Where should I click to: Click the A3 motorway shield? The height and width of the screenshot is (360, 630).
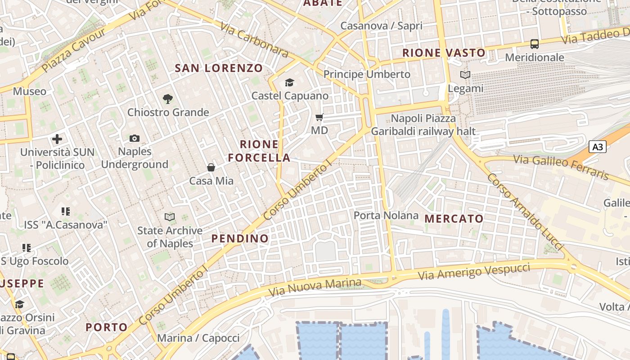point(598,147)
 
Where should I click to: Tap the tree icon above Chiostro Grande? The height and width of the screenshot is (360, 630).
point(168,99)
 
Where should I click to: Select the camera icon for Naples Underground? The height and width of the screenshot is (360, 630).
point(134,138)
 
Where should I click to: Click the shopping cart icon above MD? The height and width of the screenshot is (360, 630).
point(319,117)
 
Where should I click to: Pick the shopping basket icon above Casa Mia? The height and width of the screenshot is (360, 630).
point(211,168)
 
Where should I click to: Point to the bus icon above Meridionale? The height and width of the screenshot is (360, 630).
point(535,44)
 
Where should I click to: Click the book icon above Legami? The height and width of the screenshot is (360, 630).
point(465,75)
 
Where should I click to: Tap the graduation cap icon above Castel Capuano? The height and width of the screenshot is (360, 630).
point(289,82)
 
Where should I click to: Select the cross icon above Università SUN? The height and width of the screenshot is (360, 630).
point(57,139)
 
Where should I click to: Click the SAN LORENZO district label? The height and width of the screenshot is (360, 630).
point(219,68)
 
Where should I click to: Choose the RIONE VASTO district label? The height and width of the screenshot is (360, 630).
point(444,53)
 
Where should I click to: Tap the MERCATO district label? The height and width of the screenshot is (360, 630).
point(454,219)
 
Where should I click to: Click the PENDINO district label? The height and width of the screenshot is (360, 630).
point(240,238)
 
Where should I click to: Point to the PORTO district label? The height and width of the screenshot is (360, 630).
point(107,327)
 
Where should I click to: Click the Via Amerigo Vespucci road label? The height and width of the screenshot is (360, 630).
point(474,271)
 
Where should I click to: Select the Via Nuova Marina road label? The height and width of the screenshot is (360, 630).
point(315,287)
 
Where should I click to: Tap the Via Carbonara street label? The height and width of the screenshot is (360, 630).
point(254,40)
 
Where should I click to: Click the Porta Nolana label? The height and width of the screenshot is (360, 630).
point(386,216)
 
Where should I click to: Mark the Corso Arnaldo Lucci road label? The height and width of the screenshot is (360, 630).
point(524,212)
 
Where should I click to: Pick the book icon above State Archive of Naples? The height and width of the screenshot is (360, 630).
point(170,217)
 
